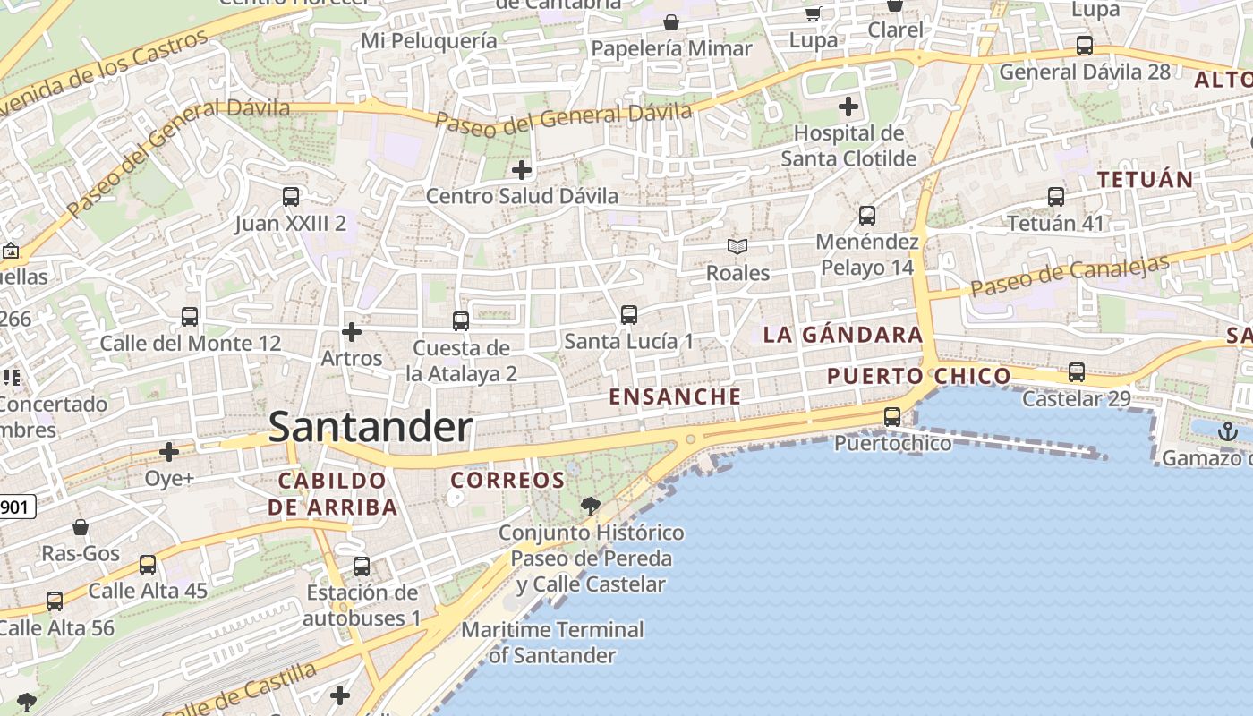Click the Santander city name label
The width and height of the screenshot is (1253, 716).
coord(371,427)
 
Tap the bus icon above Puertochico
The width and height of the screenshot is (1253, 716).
coord(892,416)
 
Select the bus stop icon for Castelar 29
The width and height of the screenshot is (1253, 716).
coord(1077,371)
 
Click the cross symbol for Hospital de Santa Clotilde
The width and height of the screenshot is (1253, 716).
coord(848,107)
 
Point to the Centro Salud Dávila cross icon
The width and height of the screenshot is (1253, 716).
coord(522,169)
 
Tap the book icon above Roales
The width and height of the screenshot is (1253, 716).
coord(737,246)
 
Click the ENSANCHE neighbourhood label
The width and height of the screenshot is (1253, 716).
coord(675,396)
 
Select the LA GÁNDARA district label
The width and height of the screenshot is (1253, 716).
coord(842,335)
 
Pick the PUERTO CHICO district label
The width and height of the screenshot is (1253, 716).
coord(919,376)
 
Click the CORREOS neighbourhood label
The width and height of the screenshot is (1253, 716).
coord(507,480)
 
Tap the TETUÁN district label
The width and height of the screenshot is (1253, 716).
coord(1146,179)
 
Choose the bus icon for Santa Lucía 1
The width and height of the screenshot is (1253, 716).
coord(629,314)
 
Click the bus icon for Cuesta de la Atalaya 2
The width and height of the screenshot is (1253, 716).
coord(461,320)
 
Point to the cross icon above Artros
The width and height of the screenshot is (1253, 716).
coord(352,332)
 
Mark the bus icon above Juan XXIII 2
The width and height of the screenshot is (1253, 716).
coord(291,196)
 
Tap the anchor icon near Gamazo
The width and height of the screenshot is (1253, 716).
coord(1226,432)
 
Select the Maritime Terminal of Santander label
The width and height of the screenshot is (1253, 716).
coord(552,642)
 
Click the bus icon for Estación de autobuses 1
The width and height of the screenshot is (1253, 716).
coord(362,566)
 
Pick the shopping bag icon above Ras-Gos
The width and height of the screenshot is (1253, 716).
coord(81,527)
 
